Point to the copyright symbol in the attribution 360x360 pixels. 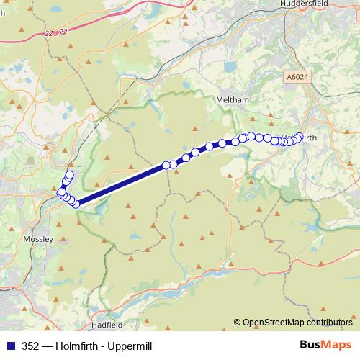click(237, 323)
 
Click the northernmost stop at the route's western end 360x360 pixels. click(70, 174)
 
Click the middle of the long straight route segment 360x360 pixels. click(122, 184)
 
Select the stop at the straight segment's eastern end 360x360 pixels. click(166, 165)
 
